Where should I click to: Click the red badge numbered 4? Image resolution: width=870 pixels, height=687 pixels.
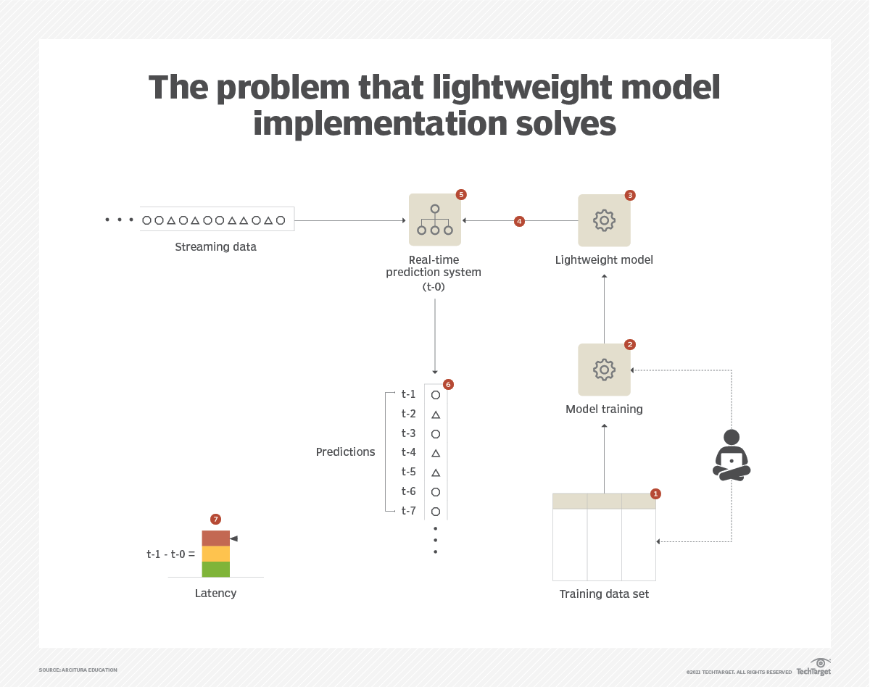click(519, 222)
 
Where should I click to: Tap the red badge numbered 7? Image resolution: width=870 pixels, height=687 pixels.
click(215, 520)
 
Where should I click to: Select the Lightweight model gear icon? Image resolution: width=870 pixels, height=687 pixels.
click(604, 220)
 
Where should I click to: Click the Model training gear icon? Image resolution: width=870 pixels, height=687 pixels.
click(604, 370)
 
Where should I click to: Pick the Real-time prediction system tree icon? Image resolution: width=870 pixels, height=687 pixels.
click(434, 220)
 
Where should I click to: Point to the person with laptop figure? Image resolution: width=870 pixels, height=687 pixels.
click(732, 455)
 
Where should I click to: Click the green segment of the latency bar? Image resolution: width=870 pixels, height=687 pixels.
click(216, 570)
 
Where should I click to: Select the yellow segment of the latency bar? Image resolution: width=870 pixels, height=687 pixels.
click(216, 554)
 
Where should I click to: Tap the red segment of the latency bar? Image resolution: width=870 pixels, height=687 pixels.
click(216, 538)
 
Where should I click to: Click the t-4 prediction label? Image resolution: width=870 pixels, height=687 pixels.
click(408, 452)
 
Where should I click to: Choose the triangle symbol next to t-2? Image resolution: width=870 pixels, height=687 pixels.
click(436, 415)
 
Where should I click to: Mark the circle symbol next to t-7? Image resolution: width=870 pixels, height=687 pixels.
click(436, 512)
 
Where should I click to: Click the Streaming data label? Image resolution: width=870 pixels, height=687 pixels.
click(215, 247)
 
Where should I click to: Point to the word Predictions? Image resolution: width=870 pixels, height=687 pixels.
click(345, 451)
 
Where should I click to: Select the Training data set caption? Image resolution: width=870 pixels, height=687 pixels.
click(604, 594)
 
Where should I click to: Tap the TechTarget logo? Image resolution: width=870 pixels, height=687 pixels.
click(813, 667)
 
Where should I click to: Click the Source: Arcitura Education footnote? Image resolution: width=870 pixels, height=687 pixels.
click(78, 670)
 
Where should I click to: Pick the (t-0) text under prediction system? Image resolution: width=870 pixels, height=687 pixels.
click(434, 287)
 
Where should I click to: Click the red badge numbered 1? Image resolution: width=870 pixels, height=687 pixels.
click(655, 494)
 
